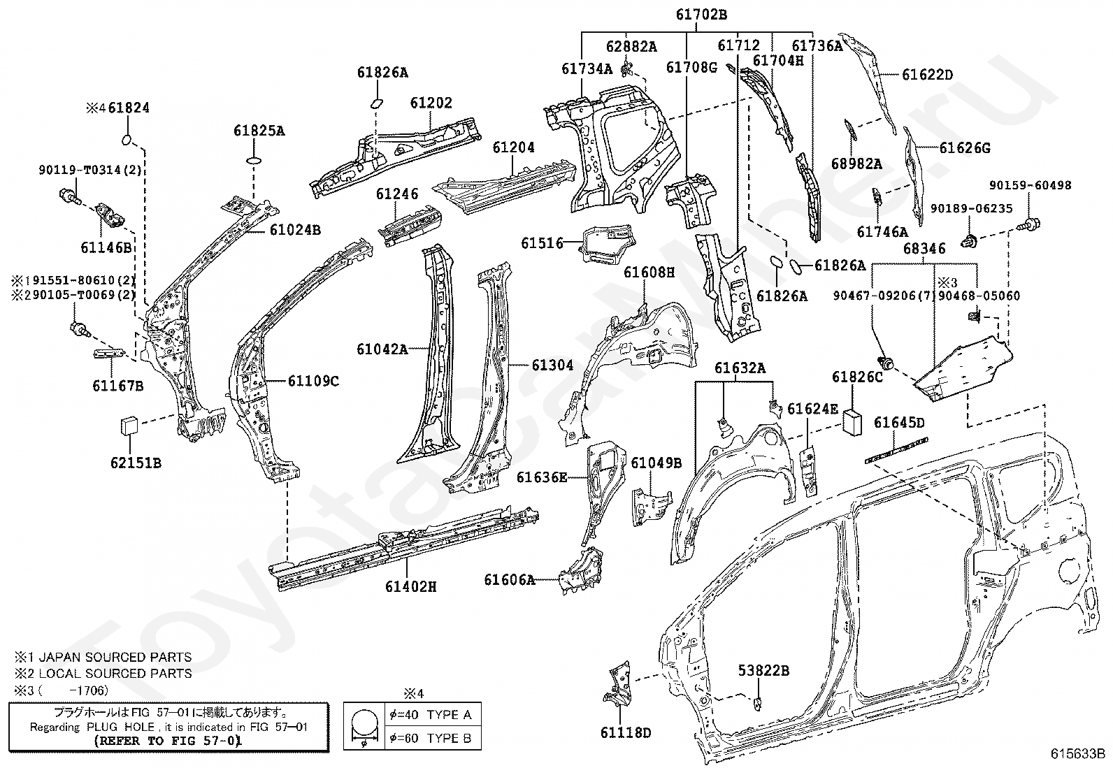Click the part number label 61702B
701,15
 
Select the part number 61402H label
411,587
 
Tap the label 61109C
313,381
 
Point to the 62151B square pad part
129,426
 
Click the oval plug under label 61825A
254,161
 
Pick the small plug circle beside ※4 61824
127,140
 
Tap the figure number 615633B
1077,754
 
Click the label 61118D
626,733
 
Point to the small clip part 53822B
758,702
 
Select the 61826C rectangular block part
854,422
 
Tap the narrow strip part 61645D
896,450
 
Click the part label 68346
924,248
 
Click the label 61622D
927,75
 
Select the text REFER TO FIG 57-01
168,741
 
